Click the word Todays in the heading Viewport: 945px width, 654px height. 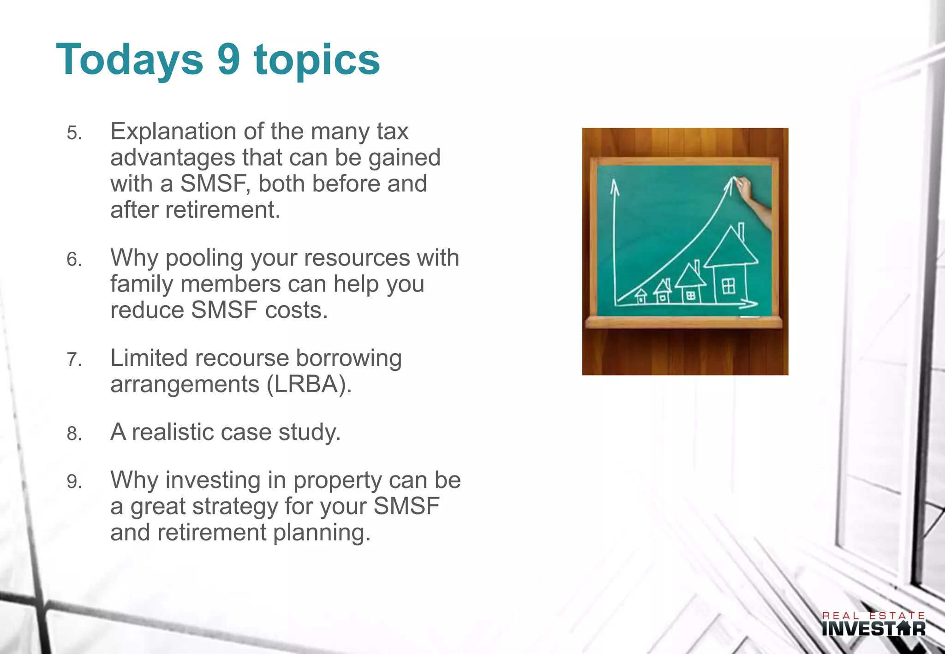tap(130, 60)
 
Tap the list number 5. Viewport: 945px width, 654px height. tap(74, 133)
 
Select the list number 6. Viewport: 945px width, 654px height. tap(74, 260)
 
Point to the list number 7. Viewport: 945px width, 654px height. tap(74, 360)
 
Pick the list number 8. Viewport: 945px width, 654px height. tap(74, 434)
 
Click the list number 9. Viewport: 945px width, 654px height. tap(74, 482)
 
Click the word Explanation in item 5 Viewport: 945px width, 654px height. tap(173, 131)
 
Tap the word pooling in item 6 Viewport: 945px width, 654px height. tap(204, 258)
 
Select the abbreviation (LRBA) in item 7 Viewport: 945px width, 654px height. tap(309, 384)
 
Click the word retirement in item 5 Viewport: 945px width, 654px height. tap(222, 210)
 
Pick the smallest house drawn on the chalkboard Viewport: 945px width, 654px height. tap(641, 296)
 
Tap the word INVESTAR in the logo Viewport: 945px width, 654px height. tap(873, 629)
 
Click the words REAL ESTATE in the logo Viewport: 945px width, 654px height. tap(873, 616)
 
